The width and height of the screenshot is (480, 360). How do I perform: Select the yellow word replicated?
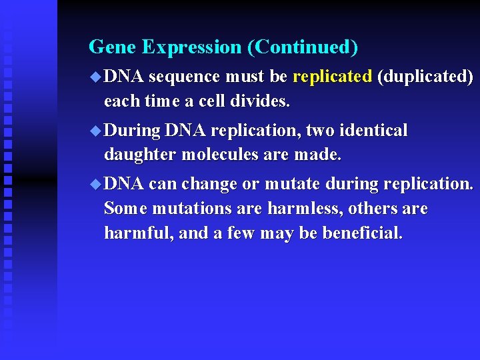[332, 77]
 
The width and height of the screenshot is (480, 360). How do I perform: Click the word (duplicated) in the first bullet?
[425, 77]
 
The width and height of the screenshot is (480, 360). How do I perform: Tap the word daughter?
[140, 155]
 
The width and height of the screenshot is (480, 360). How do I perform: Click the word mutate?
[291, 184]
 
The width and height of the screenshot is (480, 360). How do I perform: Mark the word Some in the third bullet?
[125, 209]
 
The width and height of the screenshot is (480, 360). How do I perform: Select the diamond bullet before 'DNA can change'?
[95, 183]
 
